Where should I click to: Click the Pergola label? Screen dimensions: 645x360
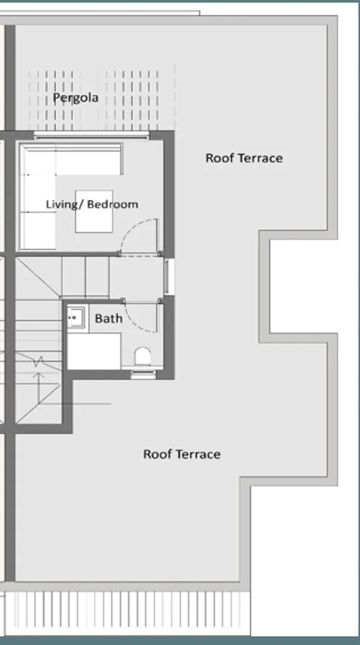pyautogui.click(x=75, y=97)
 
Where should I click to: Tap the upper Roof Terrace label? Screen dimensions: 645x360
pyautogui.click(x=244, y=158)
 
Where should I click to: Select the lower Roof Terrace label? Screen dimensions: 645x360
pyautogui.click(x=181, y=454)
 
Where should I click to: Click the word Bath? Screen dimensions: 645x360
pyautogui.click(x=108, y=318)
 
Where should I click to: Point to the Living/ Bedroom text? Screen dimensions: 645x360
pyautogui.click(x=92, y=204)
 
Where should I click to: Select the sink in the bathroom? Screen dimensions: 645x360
pyautogui.click(x=76, y=317)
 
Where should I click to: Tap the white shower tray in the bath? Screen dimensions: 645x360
pyautogui.click(x=94, y=351)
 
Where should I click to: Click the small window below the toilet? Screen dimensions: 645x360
pyautogui.click(x=142, y=374)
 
